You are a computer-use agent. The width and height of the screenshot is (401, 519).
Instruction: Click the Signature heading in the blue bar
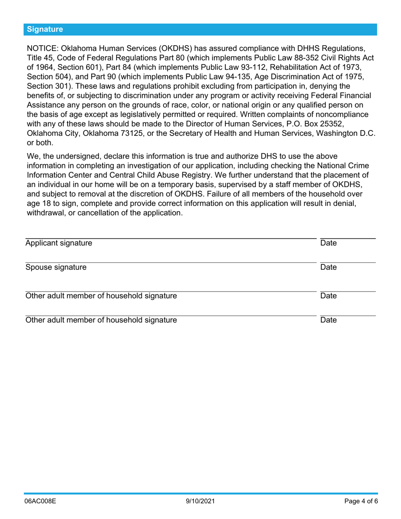point(45,29)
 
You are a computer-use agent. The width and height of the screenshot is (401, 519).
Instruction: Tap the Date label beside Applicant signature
point(328,243)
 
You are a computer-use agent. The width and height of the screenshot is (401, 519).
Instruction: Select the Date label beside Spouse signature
point(328,267)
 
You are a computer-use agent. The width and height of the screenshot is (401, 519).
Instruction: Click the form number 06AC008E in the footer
point(41,502)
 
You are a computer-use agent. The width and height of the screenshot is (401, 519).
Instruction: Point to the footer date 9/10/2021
point(200,502)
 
